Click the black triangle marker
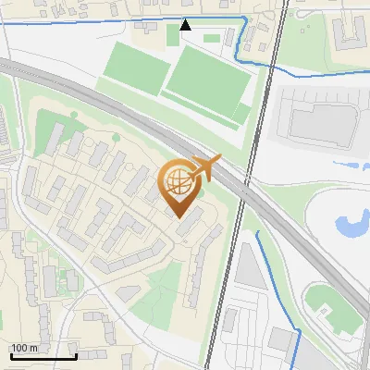(186, 25)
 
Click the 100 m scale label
(24, 348)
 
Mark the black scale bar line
(43, 356)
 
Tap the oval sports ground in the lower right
(335, 311)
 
